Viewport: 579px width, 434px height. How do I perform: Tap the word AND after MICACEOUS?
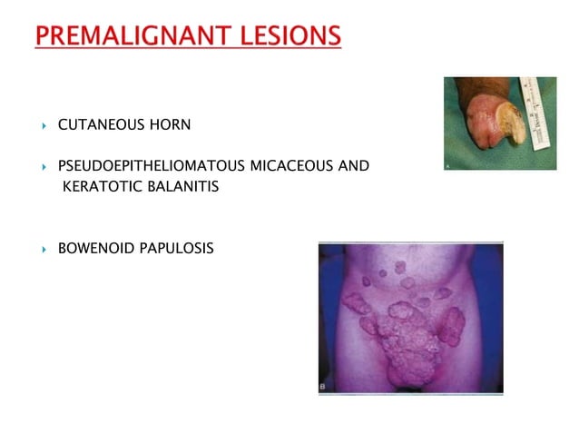click(354, 166)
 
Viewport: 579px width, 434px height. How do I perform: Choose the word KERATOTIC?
click(100, 186)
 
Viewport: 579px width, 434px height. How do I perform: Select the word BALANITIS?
click(180, 186)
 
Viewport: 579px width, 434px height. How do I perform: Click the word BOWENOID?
click(94, 247)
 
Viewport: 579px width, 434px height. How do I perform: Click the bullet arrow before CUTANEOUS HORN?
click(43, 122)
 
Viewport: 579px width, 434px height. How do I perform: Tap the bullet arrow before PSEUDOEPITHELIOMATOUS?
click(43, 167)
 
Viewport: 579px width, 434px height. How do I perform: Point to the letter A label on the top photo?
click(449, 165)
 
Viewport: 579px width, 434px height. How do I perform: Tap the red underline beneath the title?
click(188, 49)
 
